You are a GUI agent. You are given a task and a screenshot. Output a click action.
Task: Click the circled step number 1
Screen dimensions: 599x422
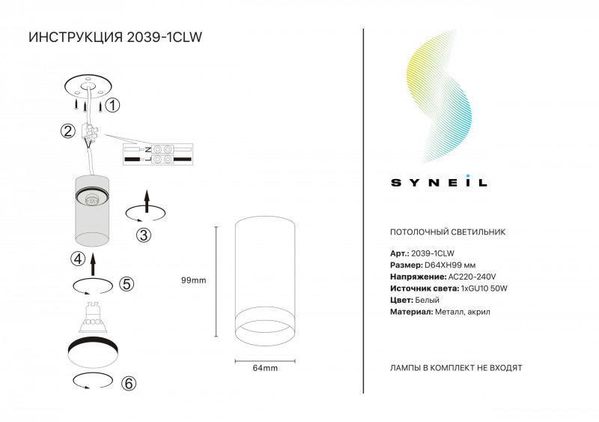[112, 105]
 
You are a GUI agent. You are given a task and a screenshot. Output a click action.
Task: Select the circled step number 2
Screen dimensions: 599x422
[67, 131]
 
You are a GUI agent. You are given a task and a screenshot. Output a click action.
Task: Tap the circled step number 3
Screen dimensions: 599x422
[144, 235]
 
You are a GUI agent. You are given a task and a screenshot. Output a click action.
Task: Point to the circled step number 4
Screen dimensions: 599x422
[78, 259]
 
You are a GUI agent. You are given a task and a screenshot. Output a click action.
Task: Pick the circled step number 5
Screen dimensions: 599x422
[127, 284]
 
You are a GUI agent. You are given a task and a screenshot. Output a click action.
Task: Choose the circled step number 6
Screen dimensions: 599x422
[128, 383]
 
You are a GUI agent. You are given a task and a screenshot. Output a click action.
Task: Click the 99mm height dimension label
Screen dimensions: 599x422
[194, 280]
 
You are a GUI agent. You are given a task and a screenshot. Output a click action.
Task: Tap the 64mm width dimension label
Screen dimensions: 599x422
[265, 368]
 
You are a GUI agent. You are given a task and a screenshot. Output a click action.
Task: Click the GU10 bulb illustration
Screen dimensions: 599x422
[92, 317]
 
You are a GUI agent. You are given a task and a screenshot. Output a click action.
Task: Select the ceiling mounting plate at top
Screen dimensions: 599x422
[88, 86]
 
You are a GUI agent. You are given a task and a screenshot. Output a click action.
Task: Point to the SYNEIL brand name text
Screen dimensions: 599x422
[439, 181]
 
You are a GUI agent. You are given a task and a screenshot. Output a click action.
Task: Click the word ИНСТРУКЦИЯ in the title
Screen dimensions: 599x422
[76, 37]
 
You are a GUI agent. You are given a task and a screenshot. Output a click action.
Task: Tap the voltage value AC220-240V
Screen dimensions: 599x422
[472, 277]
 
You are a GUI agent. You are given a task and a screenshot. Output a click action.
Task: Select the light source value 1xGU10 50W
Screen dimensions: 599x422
[484, 289]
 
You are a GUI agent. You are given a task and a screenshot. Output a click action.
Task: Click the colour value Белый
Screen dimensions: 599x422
[427, 300]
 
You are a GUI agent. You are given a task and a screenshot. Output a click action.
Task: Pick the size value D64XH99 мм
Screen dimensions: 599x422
[450, 265]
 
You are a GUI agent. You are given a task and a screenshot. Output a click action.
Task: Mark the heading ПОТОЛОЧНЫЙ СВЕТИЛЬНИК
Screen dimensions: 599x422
[448, 232]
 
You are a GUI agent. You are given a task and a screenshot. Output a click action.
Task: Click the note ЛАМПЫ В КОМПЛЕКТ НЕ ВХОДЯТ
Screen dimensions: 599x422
[456, 368]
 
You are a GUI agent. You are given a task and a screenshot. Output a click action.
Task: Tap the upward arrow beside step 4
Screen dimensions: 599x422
[93, 264]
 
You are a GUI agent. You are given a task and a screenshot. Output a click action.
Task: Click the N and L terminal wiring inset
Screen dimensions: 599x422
[158, 154]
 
